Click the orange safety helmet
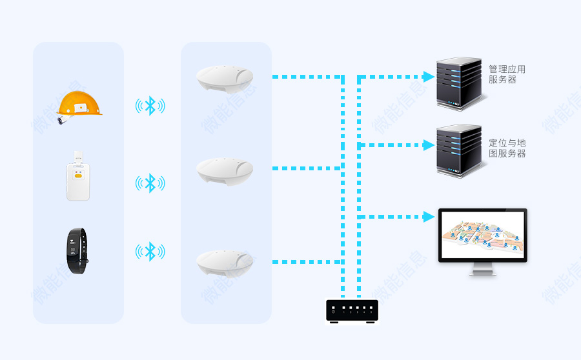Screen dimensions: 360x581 79,105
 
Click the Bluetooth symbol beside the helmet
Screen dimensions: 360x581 150,106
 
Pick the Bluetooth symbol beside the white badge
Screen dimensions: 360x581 150,183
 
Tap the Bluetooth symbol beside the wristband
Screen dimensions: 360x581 150,251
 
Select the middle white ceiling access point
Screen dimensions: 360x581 226,170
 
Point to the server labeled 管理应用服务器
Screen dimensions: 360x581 459,81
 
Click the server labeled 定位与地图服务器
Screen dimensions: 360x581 459,150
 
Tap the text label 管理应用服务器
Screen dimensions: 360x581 507,74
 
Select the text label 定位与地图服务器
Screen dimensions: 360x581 507,148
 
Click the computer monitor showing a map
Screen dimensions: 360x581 482,235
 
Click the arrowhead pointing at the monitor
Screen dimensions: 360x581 429,217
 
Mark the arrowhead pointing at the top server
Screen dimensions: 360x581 429,77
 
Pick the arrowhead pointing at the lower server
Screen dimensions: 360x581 429,145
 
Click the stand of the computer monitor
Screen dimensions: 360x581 483,269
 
